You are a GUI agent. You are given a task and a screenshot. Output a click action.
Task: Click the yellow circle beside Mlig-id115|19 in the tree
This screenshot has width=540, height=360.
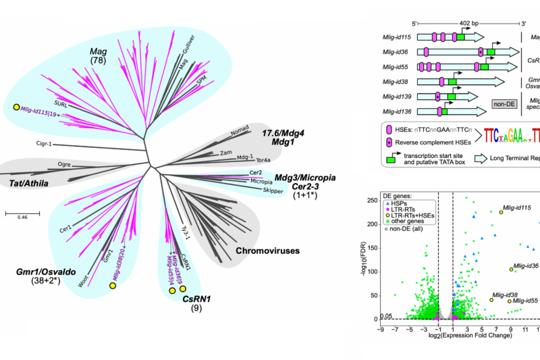point(16,107)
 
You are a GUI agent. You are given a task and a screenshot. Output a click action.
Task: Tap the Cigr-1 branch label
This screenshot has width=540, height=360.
point(45,143)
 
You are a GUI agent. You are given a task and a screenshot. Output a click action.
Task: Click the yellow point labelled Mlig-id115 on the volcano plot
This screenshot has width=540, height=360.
point(501,212)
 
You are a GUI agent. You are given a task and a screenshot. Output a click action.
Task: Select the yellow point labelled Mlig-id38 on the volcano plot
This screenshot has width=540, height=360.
point(491,300)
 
